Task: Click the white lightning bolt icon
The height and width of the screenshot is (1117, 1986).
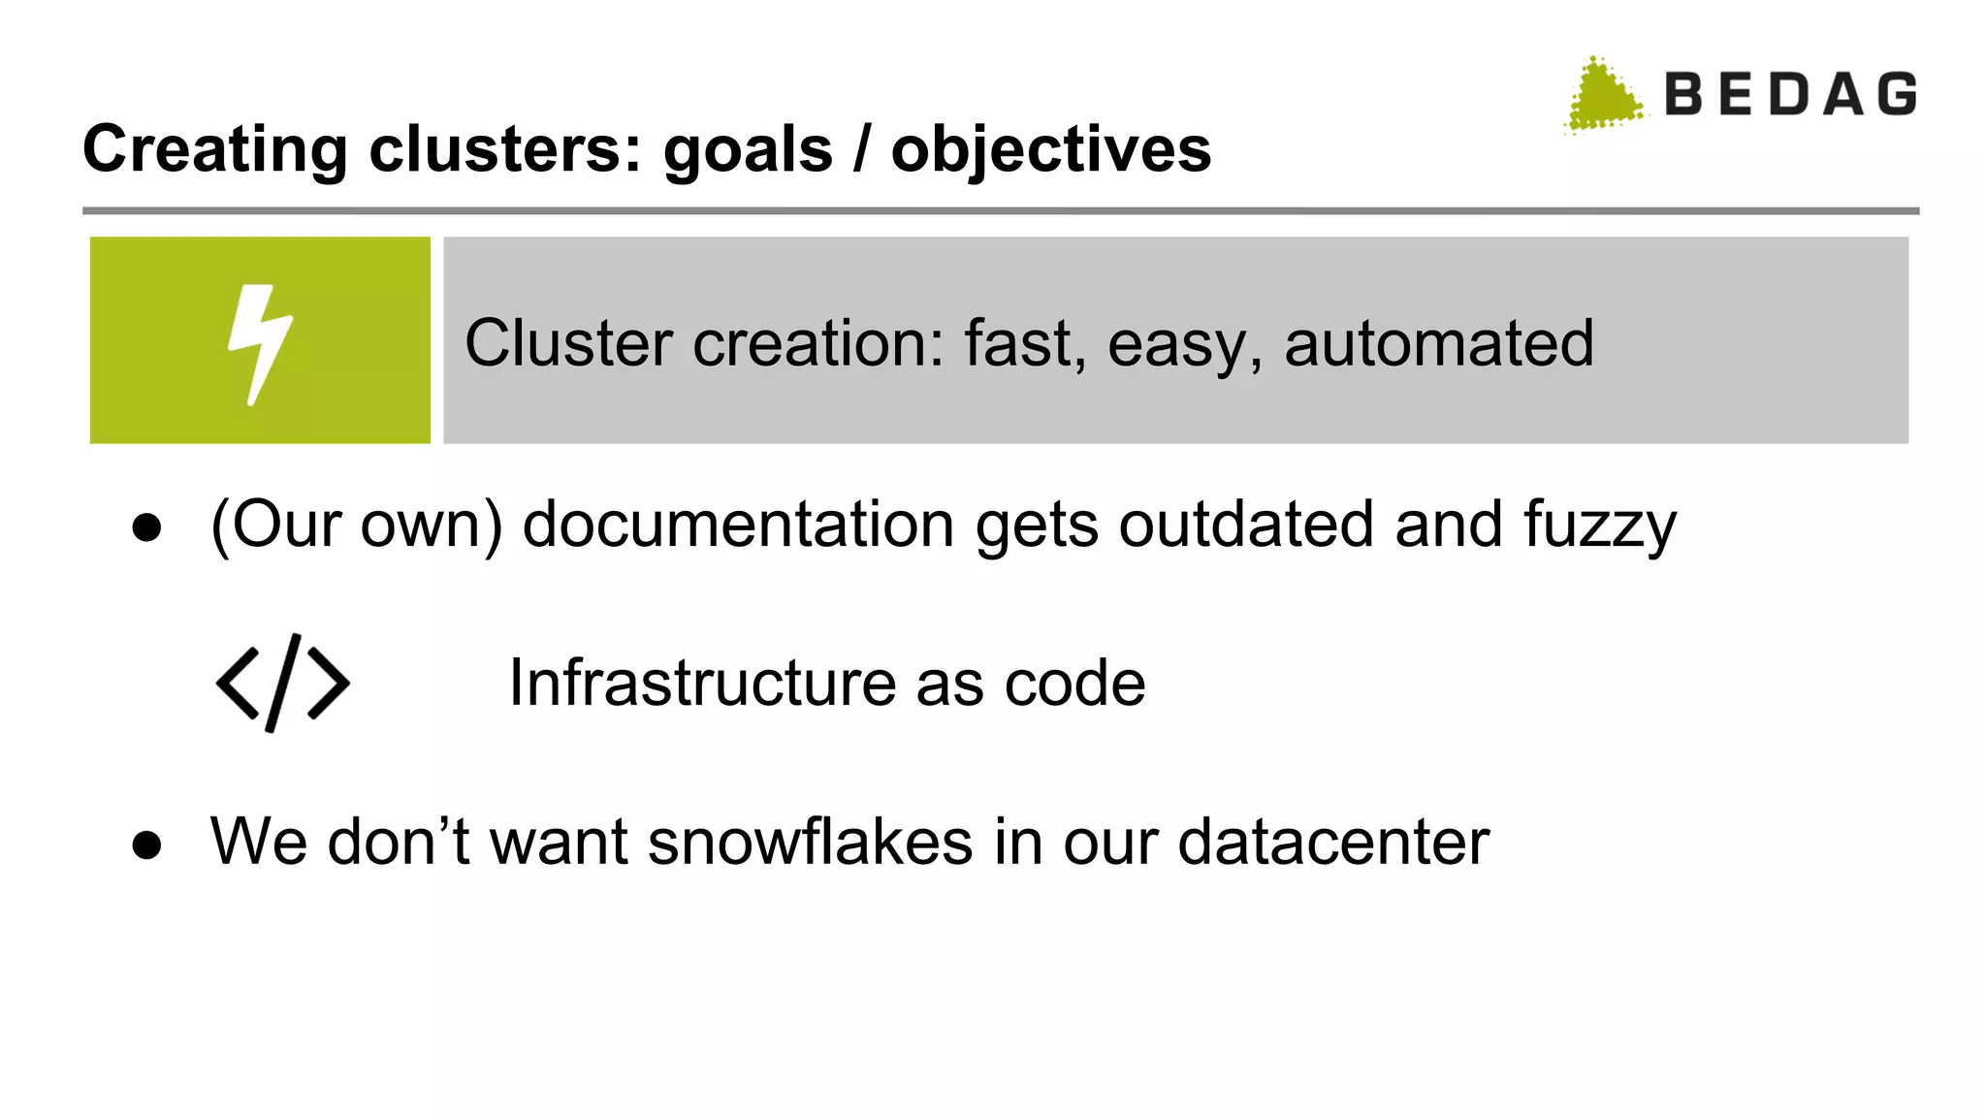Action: (260, 343)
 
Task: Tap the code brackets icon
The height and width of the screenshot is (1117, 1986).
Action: (282, 683)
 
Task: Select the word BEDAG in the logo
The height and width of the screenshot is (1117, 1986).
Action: (1790, 95)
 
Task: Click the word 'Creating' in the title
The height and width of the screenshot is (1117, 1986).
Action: (214, 150)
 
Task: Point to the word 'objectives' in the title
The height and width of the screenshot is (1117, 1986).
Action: (1051, 150)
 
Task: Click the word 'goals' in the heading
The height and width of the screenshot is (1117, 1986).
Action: (748, 150)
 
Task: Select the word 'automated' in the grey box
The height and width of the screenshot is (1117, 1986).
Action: (1438, 343)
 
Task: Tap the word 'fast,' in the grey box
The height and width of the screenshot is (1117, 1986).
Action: (1025, 343)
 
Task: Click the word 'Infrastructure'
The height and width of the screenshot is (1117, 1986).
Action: (702, 683)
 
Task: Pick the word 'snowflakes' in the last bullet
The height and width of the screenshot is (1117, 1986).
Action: (810, 841)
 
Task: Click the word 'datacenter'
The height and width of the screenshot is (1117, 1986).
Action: (1333, 841)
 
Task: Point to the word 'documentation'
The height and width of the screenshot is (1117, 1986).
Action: (738, 525)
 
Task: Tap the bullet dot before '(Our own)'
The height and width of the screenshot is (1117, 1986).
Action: (147, 528)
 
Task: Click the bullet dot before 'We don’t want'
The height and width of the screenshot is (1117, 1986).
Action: (147, 845)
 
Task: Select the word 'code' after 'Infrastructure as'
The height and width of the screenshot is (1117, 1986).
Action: (1074, 683)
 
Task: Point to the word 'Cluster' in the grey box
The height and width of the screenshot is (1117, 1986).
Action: (568, 343)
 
